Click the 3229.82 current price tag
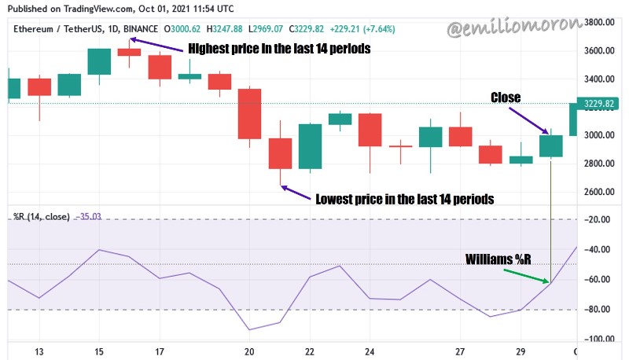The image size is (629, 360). point(598,104)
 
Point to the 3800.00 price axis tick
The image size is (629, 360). point(599,23)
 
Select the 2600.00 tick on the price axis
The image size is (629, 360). point(599,192)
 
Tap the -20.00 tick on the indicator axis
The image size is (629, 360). point(598,219)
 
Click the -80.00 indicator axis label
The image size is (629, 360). point(598,310)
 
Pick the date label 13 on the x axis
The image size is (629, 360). point(39,352)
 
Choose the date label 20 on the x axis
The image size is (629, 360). point(249,352)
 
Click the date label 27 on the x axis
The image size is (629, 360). point(460,352)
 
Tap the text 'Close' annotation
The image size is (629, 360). point(506,97)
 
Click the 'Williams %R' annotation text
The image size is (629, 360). point(498,259)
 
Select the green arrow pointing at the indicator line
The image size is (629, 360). point(526,276)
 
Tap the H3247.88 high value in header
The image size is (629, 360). point(224,29)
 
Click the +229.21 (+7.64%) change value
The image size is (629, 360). point(362,29)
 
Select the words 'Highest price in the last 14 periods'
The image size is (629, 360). point(279,49)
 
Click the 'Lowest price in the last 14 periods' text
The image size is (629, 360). point(405,199)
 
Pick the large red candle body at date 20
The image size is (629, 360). point(249,114)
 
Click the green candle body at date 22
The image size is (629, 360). point(310,146)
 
